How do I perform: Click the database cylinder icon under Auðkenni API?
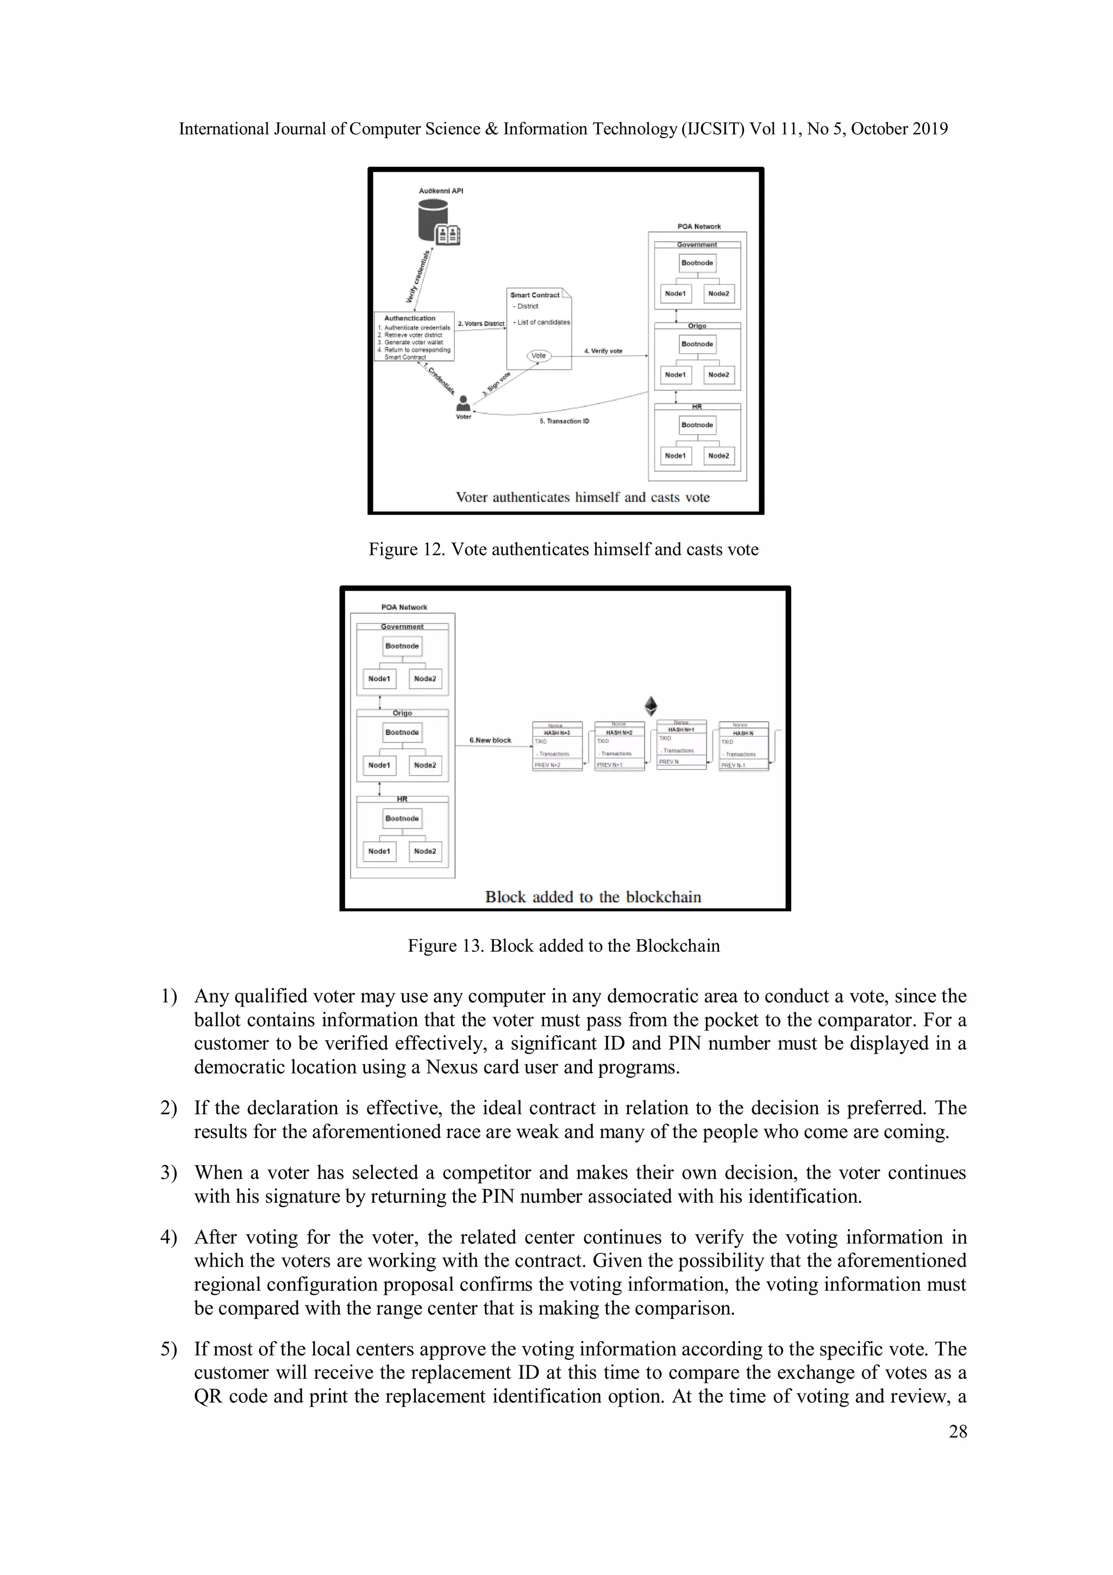tap(433, 221)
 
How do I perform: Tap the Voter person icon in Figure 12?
tap(464, 403)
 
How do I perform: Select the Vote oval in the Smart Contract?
tap(539, 355)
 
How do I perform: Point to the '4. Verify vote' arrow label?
tap(603, 351)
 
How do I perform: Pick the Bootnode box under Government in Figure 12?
tap(697, 262)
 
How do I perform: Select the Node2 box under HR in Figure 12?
tap(718, 455)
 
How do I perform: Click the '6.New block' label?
tap(490, 740)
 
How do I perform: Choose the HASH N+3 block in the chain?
tap(557, 746)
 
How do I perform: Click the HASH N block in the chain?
tap(743, 746)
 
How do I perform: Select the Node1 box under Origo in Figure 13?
tap(379, 765)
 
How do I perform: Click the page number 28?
tap(958, 1431)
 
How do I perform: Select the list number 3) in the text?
tap(168, 1172)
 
